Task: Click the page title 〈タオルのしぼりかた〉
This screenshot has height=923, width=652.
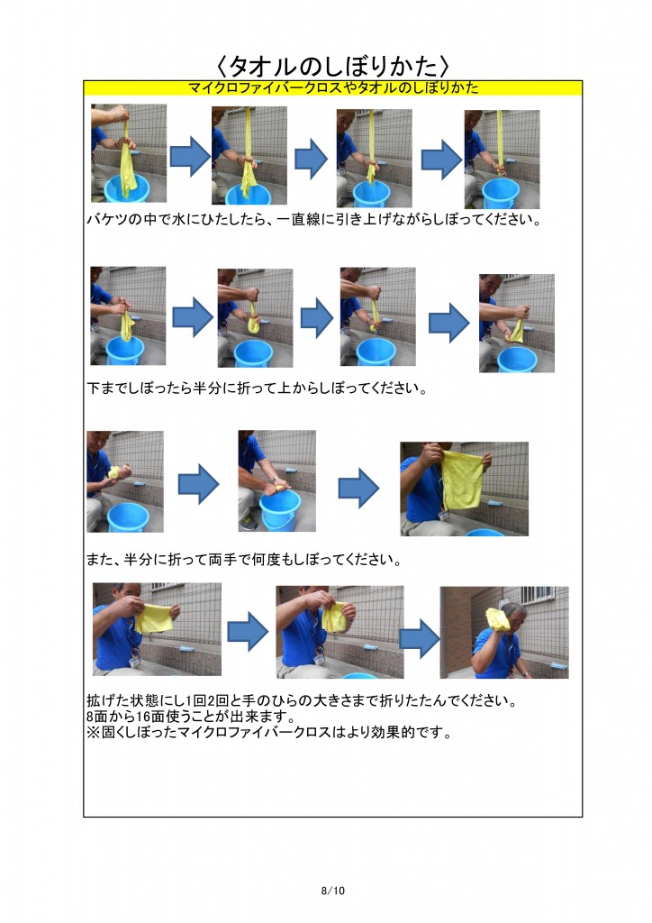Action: [332, 66]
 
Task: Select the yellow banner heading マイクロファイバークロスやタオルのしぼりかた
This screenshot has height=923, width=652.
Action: [332, 87]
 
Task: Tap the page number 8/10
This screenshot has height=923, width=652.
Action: [333, 891]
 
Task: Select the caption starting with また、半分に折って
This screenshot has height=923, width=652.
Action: [243, 560]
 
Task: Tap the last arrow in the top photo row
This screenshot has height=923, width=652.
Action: [441, 159]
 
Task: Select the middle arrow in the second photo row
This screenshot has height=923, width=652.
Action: [316, 316]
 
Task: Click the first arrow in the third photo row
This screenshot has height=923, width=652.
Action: [198, 485]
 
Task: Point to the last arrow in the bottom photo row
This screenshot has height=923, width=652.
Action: [420, 636]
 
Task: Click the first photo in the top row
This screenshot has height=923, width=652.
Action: [128, 153]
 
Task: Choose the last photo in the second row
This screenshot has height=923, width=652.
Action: [516, 323]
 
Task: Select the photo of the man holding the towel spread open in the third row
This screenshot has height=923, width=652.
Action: [464, 489]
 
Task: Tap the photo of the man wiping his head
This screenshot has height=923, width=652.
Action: [503, 632]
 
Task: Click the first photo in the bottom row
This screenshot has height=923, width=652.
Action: [157, 629]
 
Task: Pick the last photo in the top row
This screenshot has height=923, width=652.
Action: [501, 159]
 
